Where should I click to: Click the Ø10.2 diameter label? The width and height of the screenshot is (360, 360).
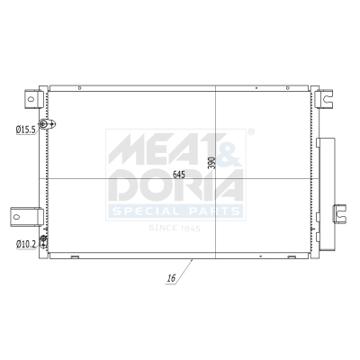click(x=24, y=244)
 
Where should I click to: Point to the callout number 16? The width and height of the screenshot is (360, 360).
click(x=171, y=280)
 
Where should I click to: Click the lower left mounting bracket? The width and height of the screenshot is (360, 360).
click(x=27, y=216)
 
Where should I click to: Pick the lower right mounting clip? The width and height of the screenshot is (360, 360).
click(x=340, y=214)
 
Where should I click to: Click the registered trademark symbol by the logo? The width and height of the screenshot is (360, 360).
click(x=250, y=132)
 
